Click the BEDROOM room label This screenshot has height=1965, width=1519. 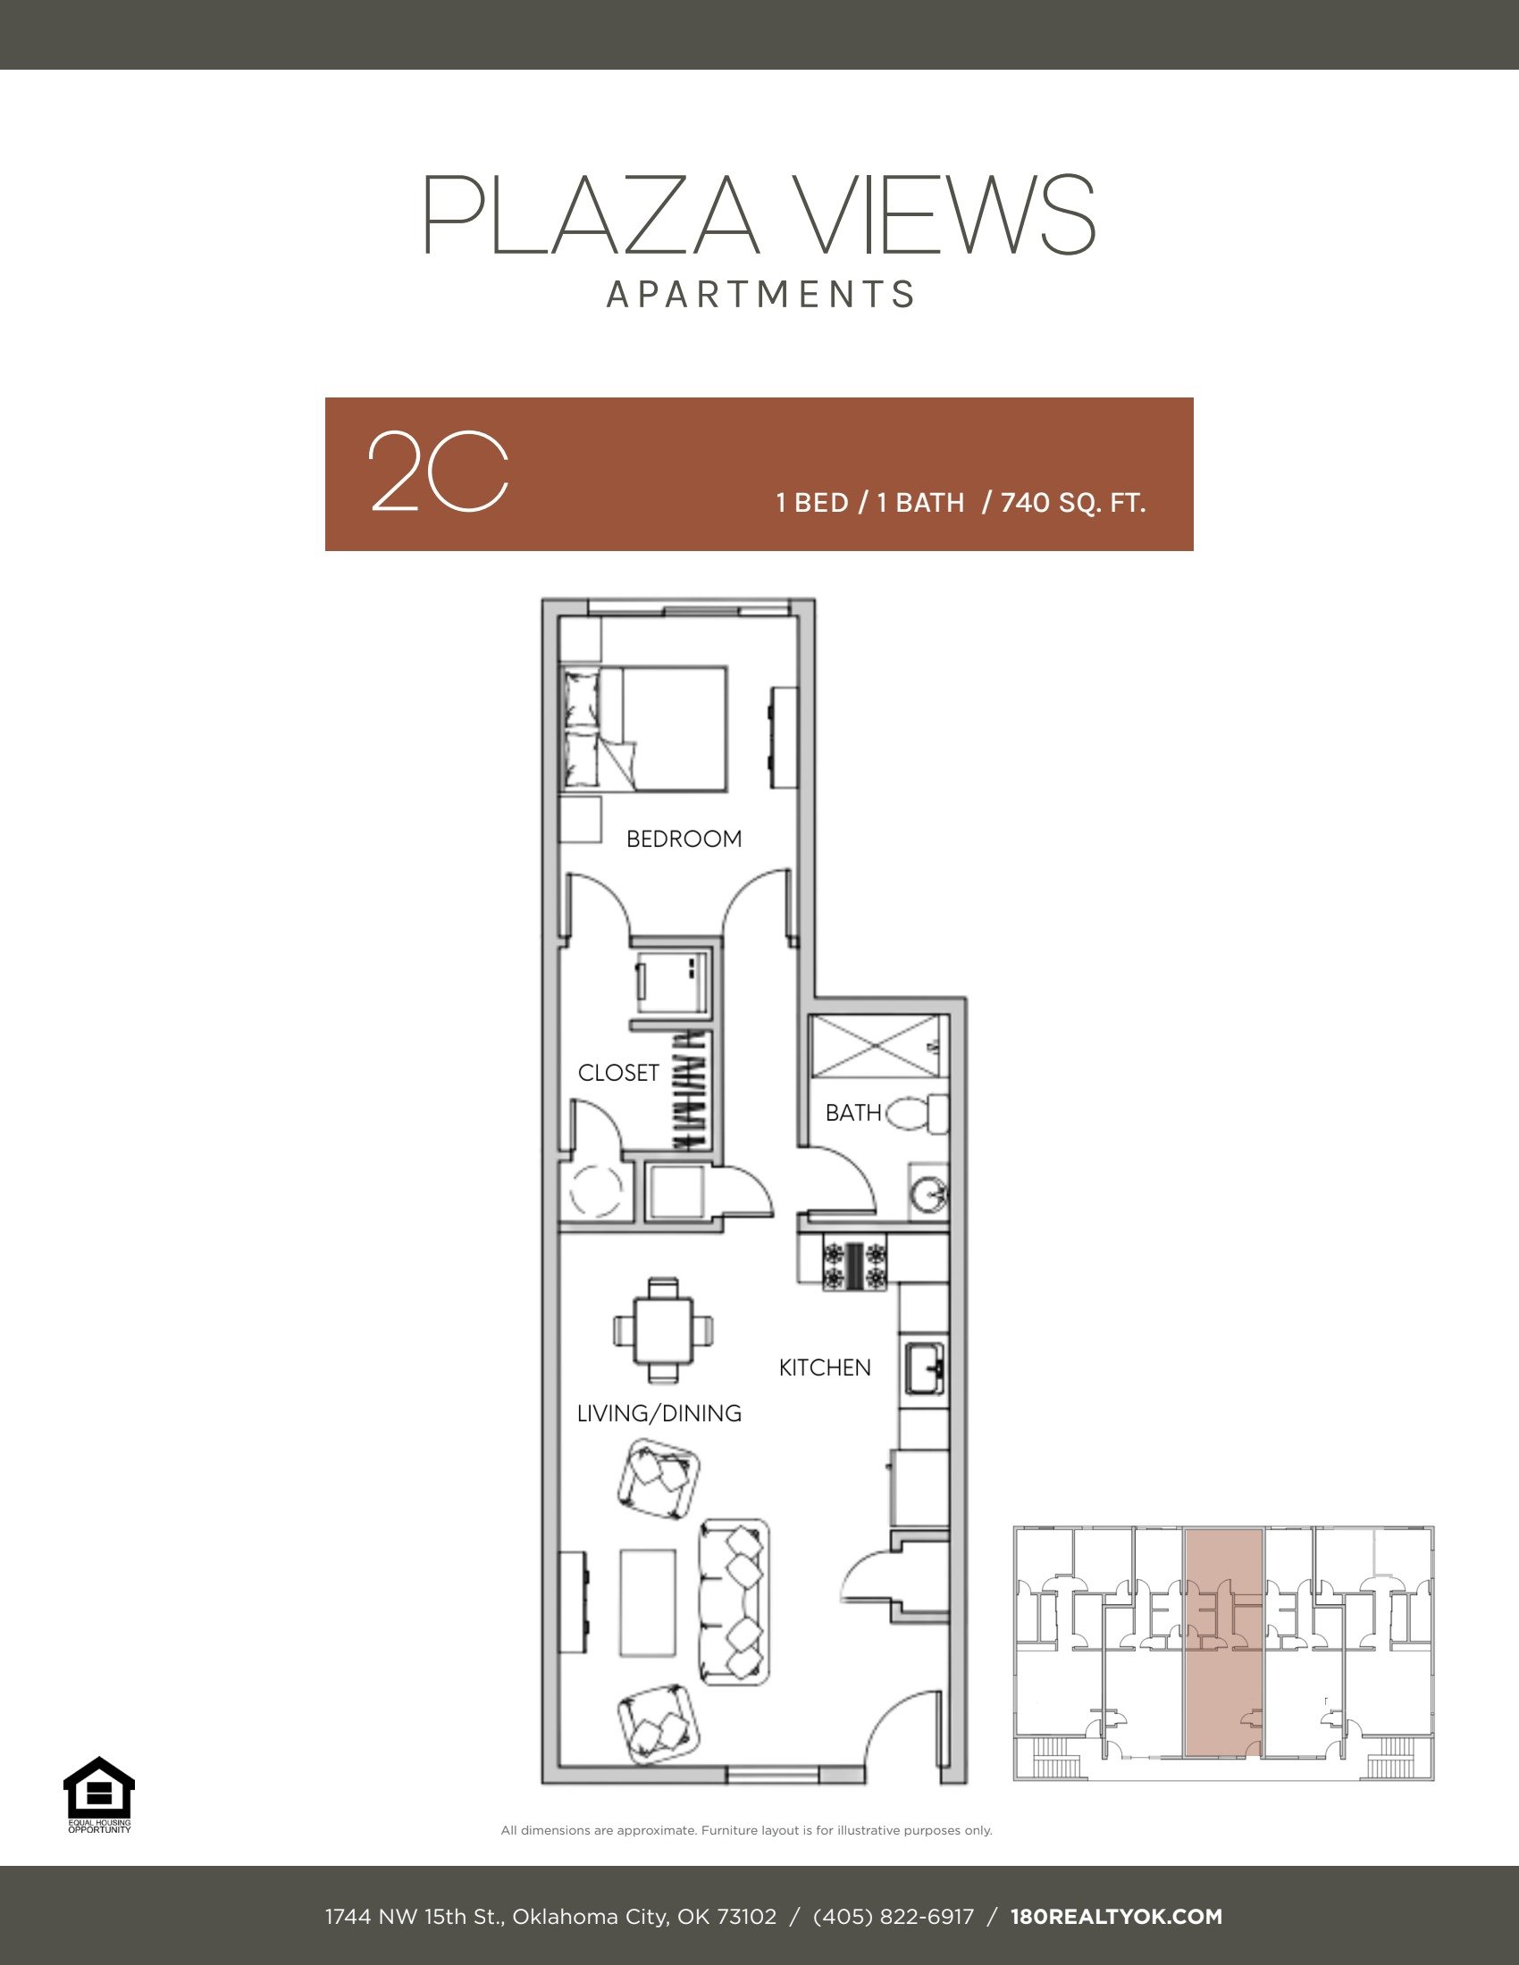684,839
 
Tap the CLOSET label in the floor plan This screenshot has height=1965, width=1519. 618,1073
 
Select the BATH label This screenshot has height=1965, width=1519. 852,1113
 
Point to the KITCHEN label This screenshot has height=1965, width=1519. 825,1367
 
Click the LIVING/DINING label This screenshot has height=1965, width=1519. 659,1414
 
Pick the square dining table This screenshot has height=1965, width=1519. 663,1330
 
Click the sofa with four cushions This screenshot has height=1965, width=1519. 735,1602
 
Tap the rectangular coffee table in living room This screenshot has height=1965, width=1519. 647,1602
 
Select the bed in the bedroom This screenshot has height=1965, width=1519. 643,729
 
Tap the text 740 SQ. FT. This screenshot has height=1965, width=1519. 1072,502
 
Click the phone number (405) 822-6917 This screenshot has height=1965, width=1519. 893,1917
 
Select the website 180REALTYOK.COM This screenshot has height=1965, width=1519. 1116,1917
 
